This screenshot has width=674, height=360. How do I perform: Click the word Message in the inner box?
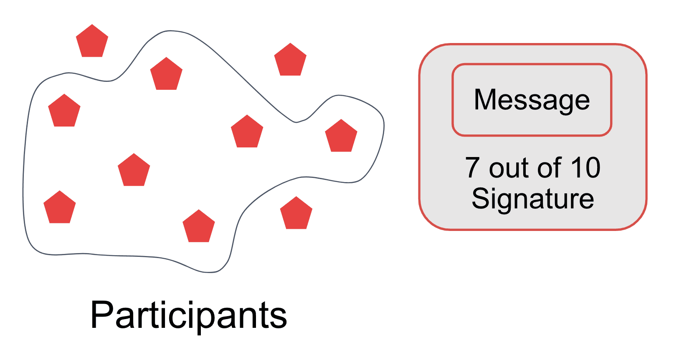coord(532,100)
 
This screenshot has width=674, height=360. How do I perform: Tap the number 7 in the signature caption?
coord(472,168)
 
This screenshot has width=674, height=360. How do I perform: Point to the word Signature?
coord(532,199)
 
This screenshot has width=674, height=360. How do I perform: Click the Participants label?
coord(188,316)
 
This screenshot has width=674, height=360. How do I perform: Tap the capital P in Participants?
coord(101,315)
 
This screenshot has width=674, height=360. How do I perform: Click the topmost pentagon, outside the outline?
coord(92,42)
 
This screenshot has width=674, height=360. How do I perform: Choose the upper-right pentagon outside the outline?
coord(290,61)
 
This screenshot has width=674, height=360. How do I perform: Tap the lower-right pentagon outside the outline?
coord(296,214)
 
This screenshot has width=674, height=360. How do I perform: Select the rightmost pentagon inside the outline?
coord(341,137)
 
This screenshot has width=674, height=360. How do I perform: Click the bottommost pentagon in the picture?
coord(199,227)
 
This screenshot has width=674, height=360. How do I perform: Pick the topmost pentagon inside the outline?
coord(166,75)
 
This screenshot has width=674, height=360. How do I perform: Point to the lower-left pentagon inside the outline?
coord(60,208)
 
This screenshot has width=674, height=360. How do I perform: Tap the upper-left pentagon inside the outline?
coord(64,112)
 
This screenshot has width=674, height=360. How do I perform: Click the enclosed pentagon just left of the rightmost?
coord(247,132)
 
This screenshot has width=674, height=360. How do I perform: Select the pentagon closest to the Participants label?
coord(199,227)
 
